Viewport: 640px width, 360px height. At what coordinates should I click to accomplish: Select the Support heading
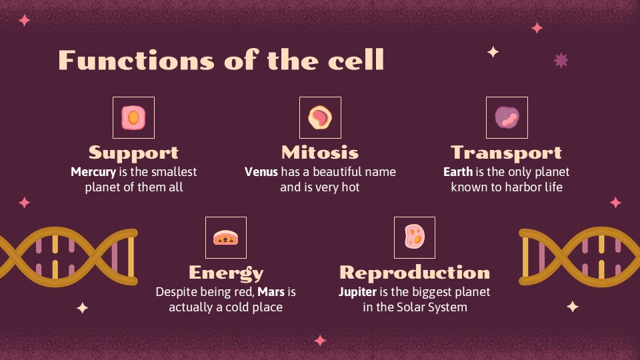click(133, 153)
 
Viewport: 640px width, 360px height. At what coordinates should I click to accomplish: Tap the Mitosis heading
click(320, 153)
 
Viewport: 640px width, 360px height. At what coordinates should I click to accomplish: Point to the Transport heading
click(507, 153)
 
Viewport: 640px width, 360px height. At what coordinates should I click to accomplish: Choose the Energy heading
click(226, 273)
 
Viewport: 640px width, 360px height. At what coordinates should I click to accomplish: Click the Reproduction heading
click(415, 273)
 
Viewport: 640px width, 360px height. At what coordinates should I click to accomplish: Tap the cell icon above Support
click(133, 118)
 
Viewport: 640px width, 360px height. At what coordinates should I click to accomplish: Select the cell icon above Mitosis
click(320, 118)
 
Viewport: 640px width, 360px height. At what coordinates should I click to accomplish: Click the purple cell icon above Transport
click(507, 118)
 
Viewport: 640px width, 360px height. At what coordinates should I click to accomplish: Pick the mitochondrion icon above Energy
click(226, 237)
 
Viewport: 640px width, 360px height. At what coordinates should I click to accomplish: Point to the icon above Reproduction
click(415, 237)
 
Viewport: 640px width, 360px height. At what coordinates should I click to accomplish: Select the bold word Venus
click(261, 172)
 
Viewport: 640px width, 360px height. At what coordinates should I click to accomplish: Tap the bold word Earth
click(458, 172)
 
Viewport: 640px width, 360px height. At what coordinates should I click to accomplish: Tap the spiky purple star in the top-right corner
click(561, 61)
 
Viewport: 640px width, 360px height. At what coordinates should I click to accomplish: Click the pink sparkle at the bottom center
click(320, 341)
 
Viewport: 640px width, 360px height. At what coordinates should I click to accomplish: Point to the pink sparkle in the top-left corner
click(25, 20)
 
